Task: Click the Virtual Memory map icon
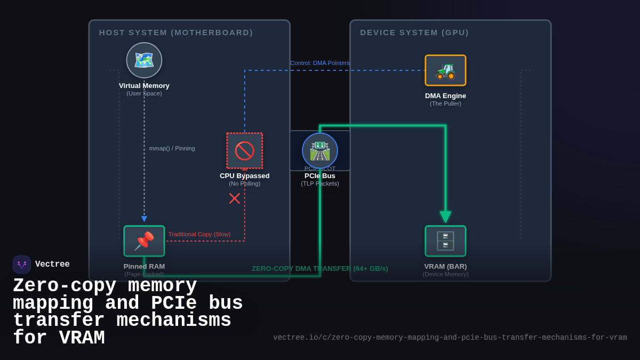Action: [144, 60]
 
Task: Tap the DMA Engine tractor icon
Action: [445, 70]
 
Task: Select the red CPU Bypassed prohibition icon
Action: [245, 150]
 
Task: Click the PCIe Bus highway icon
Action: [320, 150]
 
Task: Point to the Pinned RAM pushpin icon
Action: [144, 241]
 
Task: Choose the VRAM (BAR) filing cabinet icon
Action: [445, 241]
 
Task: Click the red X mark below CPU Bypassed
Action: [235, 198]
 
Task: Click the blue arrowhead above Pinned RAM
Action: [144, 219]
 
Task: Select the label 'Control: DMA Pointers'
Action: [320, 63]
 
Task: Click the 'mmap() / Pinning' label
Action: [172, 148]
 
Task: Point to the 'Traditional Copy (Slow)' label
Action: [199, 234]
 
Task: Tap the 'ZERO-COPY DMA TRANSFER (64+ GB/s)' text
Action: [320, 268]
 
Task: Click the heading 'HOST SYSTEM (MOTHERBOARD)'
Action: [176, 33]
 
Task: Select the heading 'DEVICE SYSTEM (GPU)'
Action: [414, 33]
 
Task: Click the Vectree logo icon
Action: [22, 265]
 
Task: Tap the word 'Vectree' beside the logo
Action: [52, 265]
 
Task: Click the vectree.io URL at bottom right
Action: [450, 338]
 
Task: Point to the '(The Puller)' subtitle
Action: [445, 103]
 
